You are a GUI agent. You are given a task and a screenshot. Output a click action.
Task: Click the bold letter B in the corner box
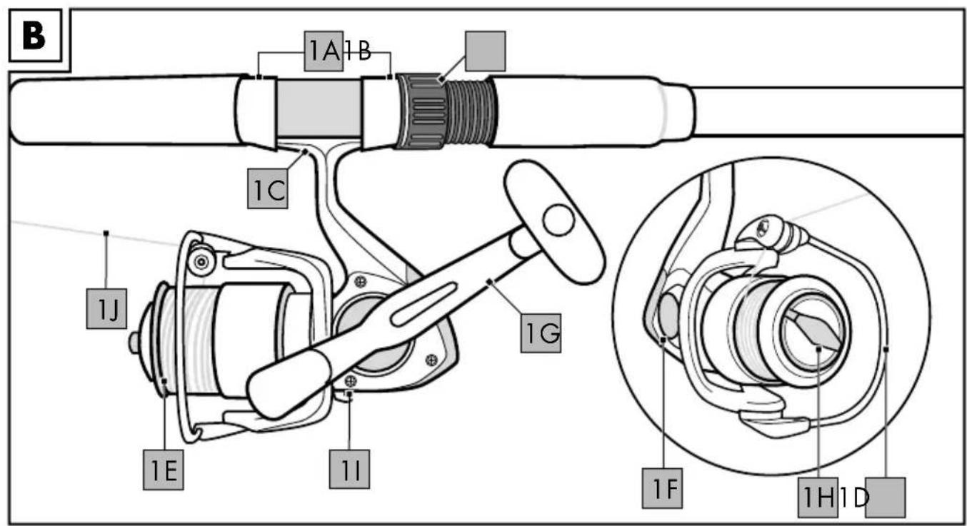click(x=34, y=36)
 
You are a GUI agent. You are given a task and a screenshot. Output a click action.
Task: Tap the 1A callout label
click(x=324, y=51)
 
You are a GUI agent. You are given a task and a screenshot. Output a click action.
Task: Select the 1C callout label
click(x=268, y=188)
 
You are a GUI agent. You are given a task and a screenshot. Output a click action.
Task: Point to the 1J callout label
click(x=106, y=308)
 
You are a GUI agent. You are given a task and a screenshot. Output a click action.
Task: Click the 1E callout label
click(x=164, y=470)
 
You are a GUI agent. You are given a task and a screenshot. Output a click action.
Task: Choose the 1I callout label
click(x=350, y=470)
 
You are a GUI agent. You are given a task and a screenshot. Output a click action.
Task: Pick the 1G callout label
click(x=541, y=333)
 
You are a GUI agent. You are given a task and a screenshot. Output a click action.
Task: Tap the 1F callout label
click(x=663, y=488)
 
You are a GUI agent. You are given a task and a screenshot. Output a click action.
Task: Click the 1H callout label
click(x=818, y=497)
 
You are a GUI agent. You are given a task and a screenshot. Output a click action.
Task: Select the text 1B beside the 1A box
click(x=358, y=51)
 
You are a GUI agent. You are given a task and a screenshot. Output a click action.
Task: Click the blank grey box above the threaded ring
click(x=486, y=51)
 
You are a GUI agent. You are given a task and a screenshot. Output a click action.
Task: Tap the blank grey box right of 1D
click(x=886, y=497)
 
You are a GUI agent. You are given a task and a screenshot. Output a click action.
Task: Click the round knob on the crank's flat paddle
click(x=558, y=220)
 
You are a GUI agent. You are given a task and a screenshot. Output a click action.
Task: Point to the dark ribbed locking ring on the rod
click(x=421, y=111)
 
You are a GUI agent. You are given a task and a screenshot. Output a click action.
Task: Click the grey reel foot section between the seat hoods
click(x=319, y=108)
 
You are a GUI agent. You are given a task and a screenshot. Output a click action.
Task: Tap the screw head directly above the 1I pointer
click(x=351, y=381)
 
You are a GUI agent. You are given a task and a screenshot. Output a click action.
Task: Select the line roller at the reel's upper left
click(x=201, y=261)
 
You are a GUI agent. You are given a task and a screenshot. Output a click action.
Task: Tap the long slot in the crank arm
click(x=424, y=304)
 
